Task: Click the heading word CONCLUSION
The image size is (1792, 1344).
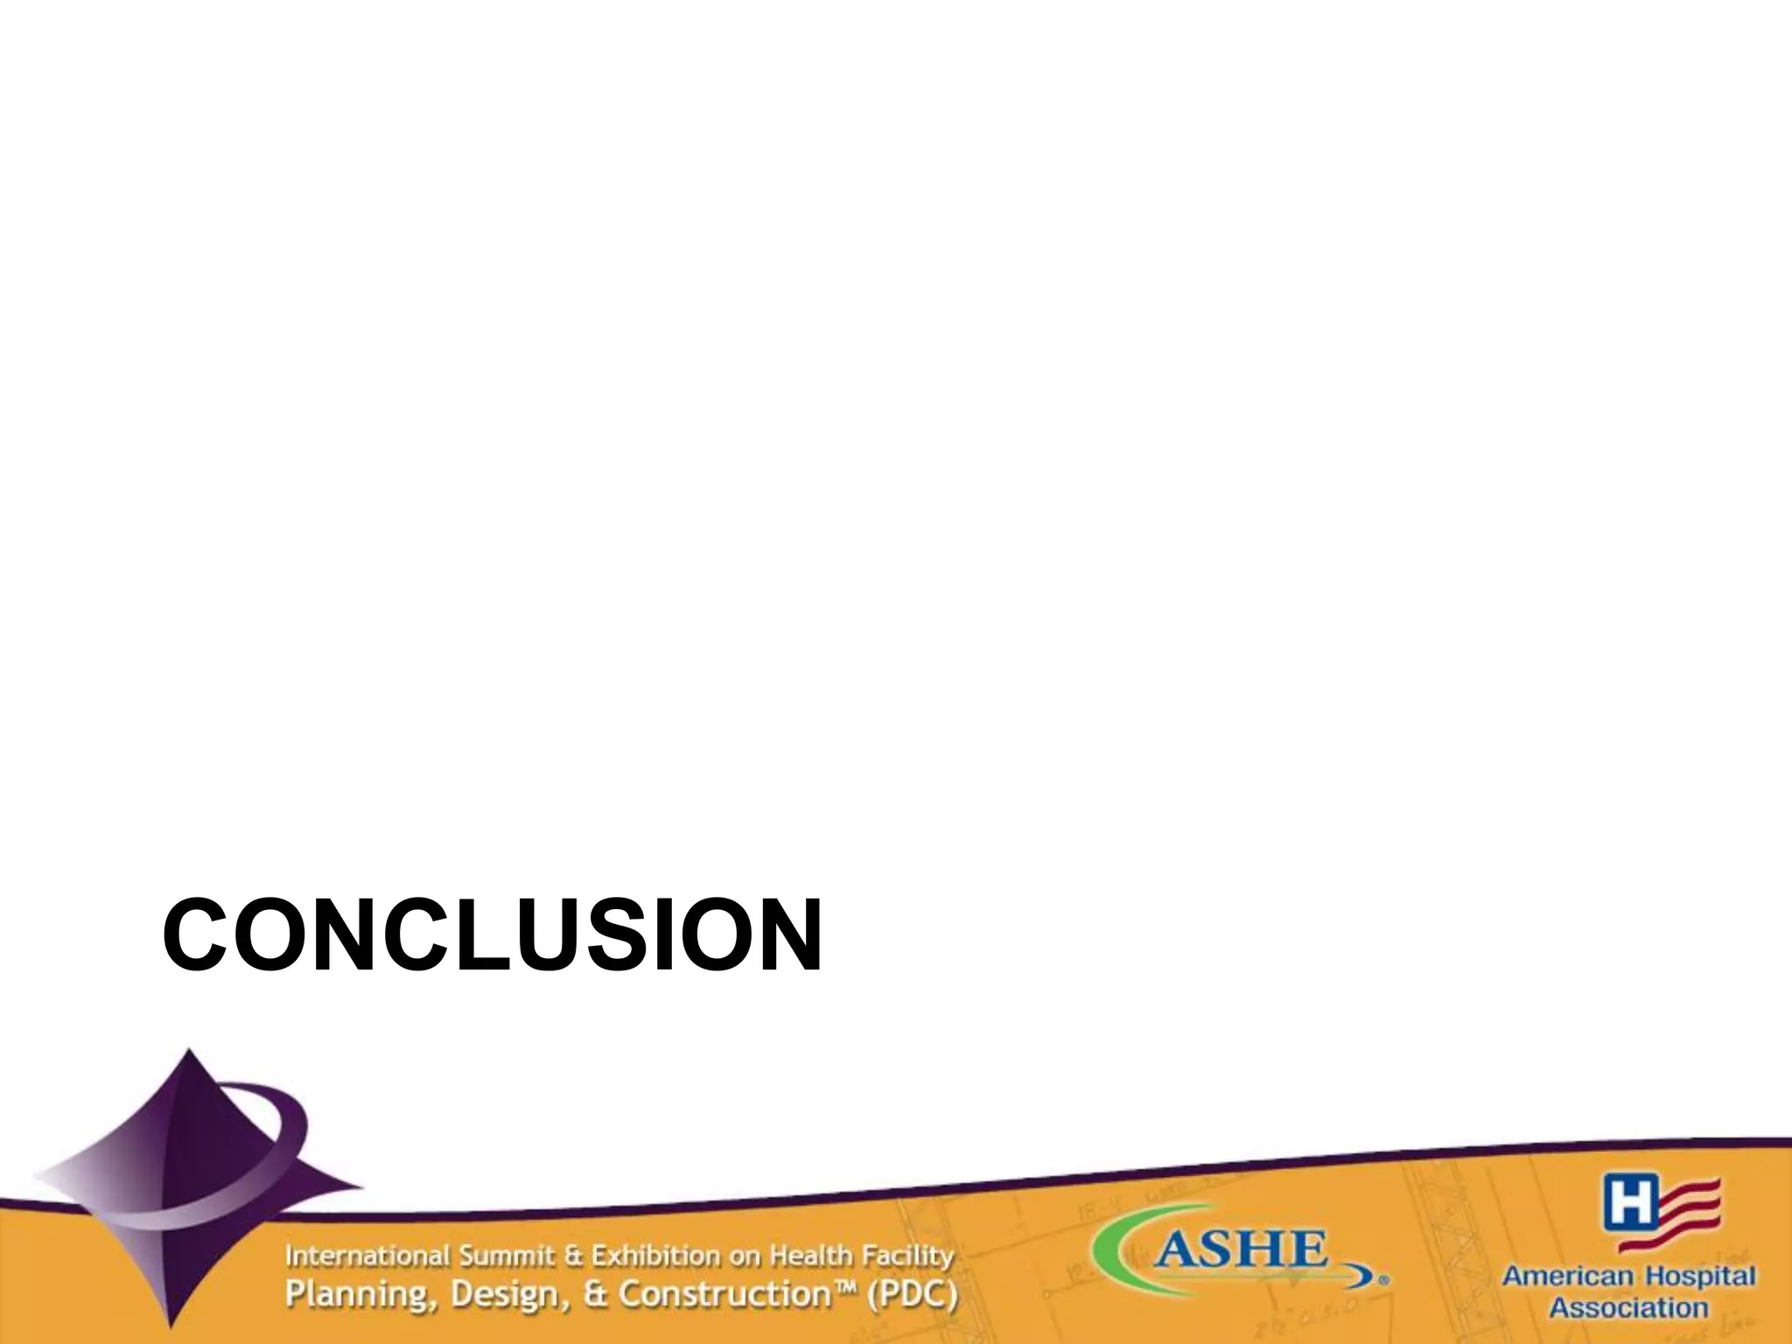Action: [x=492, y=934]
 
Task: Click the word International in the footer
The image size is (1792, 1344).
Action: [x=367, y=1256]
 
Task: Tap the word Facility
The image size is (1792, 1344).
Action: [x=907, y=1258]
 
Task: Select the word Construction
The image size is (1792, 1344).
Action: [x=723, y=1294]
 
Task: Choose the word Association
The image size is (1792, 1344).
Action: [x=1628, y=1309]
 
